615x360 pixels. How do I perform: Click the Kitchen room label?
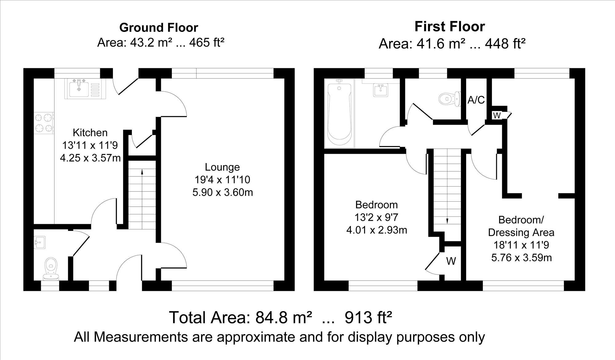click(90, 133)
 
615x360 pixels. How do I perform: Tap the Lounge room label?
click(222, 167)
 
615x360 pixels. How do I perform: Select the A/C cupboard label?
click(476, 100)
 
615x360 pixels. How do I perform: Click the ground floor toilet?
click(51, 268)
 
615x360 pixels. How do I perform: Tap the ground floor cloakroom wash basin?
click(40, 242)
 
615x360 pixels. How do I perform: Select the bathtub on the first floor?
click(339, 113)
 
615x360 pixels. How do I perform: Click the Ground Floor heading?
click(159, 28)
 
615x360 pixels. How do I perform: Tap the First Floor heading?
click(450, 26)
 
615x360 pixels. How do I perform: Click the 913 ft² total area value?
click(368, 317)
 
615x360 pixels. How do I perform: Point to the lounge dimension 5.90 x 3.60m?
click(223, 192)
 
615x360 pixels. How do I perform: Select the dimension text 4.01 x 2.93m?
click(377, 230)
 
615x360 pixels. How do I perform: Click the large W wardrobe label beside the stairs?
click(451, 261)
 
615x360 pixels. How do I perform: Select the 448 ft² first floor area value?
click(505, 44)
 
